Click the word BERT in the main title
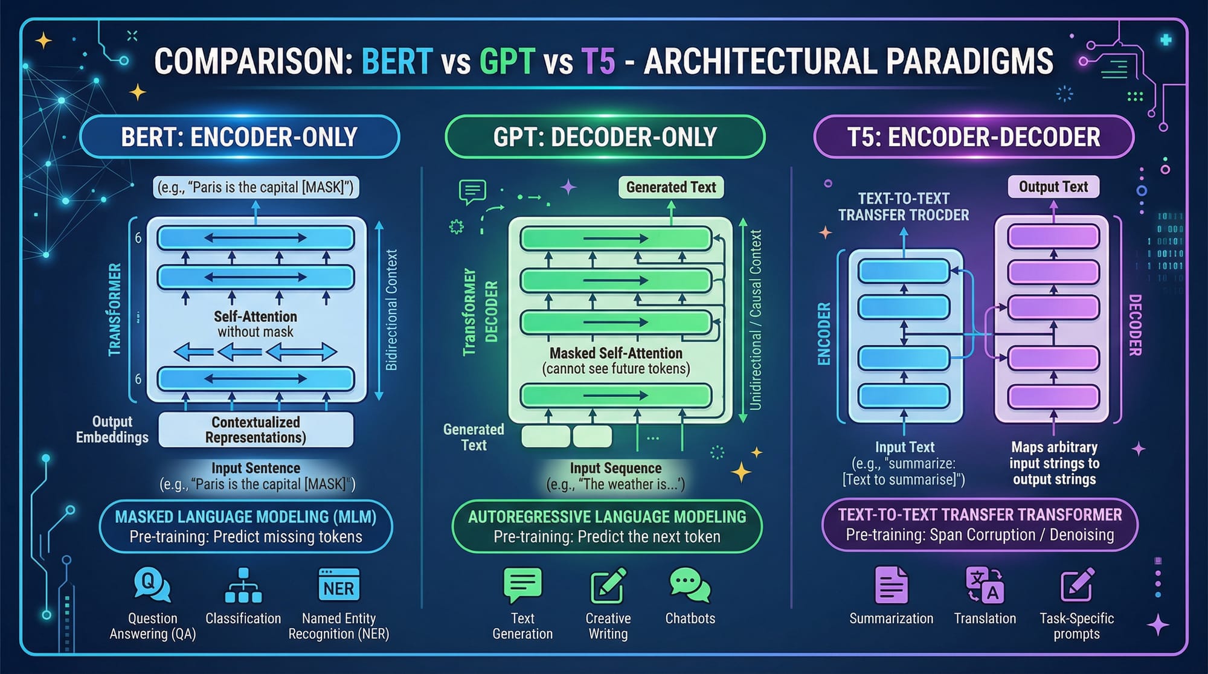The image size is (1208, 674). click(x=397, y=61)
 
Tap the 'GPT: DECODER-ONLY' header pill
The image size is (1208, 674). click(x=605, y=137)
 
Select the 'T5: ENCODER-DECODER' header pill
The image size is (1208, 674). click(x=974, y=137)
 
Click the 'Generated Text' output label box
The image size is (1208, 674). click(x=670, y=187)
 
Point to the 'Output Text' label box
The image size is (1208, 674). click(x=1053, y=187)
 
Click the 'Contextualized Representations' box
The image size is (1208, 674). click(x=255, y=429)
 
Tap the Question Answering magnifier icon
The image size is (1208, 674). click(x=152, y=585)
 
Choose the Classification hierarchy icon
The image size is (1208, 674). click(x=243, y=585)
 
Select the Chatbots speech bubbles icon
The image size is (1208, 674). click(x=690, y=585)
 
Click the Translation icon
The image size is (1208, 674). click(x=985, y=585)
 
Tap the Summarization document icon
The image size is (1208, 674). click(x=891, y=585)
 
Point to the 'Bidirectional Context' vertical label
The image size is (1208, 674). click(x=391, y=310)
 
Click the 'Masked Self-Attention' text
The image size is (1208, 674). click(x=615, y=353)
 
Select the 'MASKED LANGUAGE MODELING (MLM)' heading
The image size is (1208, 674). click(x=245, y=517)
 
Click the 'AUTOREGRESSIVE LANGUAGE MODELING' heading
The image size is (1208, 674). click(x=607, y=517)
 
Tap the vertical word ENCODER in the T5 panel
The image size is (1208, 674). click(x=824, y=334)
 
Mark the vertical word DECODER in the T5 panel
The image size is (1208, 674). click(x=1135, y=325)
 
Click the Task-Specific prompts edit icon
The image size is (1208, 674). click(x=1077, y=585)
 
